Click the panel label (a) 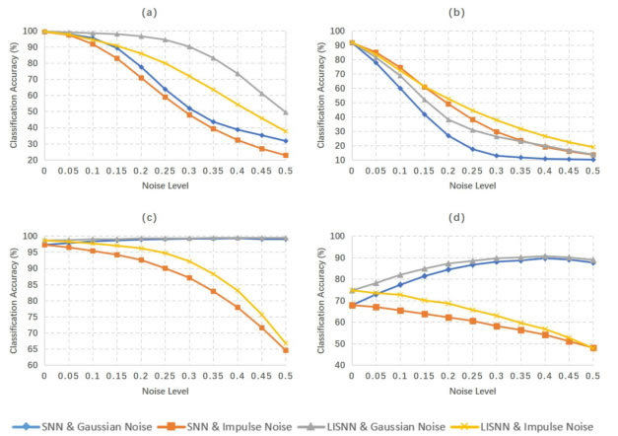click(x=165, y=12)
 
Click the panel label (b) click(x=472, y=12)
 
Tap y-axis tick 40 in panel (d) click(x=336, y=365)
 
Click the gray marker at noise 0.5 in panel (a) click(x=285, y=112)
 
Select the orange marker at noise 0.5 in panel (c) click(x=285, y=350)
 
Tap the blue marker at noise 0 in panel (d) click(x=352, y=305)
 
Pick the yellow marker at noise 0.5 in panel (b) click(x=592, y=147)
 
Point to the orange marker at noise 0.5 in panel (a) click(x=285, y=155)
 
